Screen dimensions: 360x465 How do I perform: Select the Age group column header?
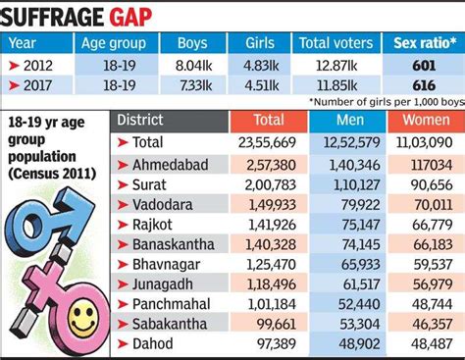114,44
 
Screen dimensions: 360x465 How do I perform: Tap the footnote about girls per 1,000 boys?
383,102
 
